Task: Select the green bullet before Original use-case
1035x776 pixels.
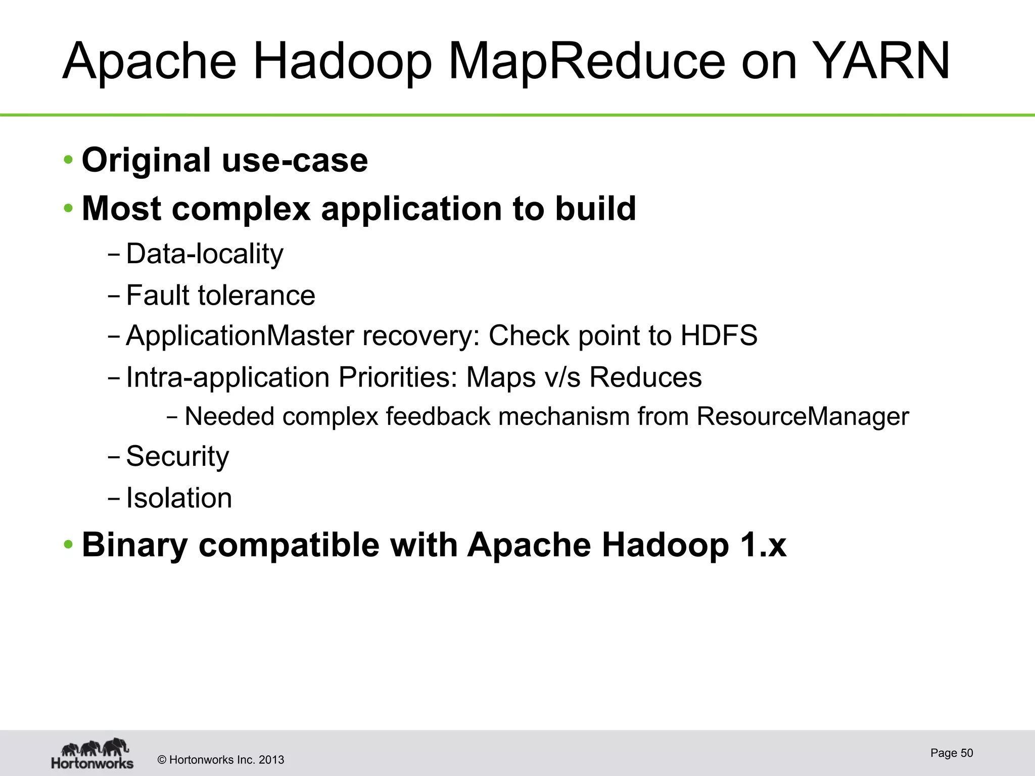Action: point(68,160)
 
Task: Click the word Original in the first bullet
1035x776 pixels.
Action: point(146,161)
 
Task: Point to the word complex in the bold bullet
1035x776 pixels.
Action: point(241,209)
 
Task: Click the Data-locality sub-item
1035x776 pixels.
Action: point(204,254)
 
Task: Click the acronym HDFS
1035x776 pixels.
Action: point(719,335)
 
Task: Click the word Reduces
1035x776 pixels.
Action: point(645,377)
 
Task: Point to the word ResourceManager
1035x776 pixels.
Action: point(802,417)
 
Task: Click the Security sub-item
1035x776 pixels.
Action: point(177,457)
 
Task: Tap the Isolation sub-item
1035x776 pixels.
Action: point(179,498)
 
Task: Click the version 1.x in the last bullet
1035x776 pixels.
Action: point(765,545)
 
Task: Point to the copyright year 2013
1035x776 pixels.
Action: point(271,760)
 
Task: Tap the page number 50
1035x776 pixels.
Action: point(966,753)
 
